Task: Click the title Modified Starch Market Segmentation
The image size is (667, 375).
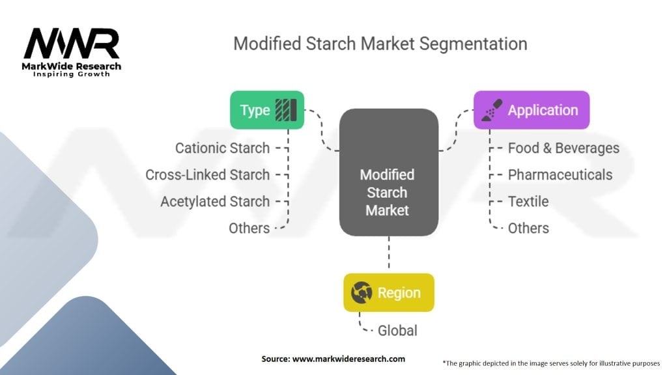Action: (380, 44)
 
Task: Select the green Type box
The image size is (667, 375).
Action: (267, 109)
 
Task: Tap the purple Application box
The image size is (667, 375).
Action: (531, 110)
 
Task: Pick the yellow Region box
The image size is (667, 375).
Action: (388, 293)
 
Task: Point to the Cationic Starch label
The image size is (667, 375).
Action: (222, 148)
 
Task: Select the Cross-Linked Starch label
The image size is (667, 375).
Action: (207, 175)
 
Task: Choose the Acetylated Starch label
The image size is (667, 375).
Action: (215, 202)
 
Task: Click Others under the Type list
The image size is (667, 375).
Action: (249, 229)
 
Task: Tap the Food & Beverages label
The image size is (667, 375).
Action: (563, 148)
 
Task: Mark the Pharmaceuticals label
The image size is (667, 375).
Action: (560, 175)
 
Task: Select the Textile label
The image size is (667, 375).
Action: (528, 202)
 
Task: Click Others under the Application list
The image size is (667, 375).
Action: (528, 229)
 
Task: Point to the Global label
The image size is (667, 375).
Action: (397, 331)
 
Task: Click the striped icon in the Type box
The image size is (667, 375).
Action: (286, 109)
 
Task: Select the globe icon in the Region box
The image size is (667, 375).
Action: (362, 293)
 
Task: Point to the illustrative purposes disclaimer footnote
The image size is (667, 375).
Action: (551, 362)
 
